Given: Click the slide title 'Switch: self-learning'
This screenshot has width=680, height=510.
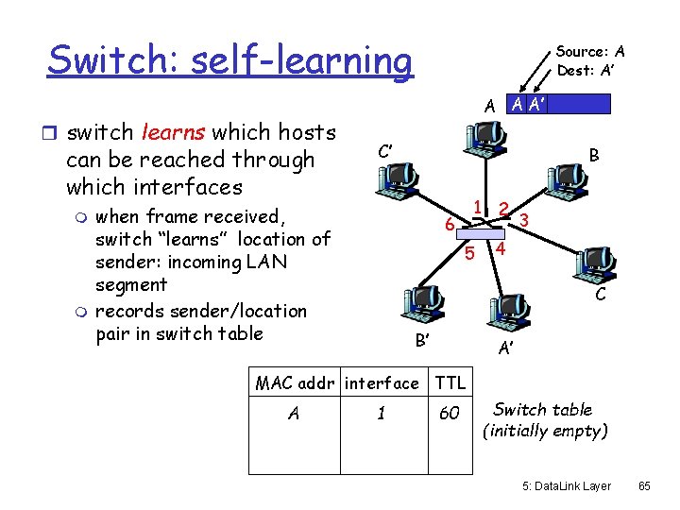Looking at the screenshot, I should click(229, 60).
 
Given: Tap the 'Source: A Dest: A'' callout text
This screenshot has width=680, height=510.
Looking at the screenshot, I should click(590, 60).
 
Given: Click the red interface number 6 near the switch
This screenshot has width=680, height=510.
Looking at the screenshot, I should click(450, 224).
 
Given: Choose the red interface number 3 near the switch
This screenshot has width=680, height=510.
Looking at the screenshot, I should click(524, 219).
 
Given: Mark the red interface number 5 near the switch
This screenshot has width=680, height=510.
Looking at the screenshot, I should click(469, 253).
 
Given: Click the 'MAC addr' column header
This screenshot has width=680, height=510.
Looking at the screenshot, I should click(297, 382).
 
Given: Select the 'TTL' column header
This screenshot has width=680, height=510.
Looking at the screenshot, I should click(450, 382).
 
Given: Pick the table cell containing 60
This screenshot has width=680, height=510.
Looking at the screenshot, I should click(450, 414).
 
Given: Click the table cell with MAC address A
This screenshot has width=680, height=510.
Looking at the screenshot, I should click(294, 414).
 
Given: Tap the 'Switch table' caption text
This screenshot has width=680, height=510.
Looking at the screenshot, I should click(543, 410).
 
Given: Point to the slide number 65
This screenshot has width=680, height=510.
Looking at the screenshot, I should click(645, 486).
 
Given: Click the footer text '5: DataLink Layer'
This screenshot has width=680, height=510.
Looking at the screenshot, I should click(567, 486).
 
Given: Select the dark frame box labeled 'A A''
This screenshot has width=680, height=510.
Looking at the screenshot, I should click(557, 104).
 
